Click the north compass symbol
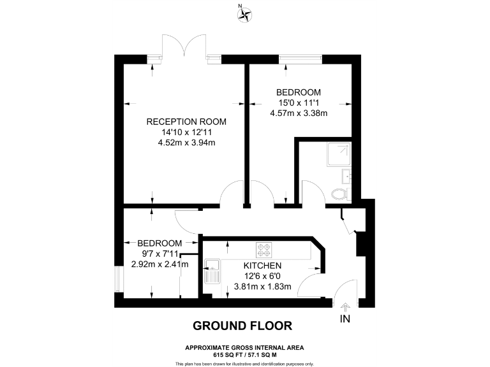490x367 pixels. pyautogui.click(x=244, y=14)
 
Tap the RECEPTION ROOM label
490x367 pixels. pyautogui.click(x=186, y=121)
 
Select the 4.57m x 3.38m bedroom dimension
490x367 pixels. pyautogui.click(x=299, y=114)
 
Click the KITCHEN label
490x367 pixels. pyautogui.click(x=262, y=265)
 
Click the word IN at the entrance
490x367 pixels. pyautogui.click(x=346, y=319)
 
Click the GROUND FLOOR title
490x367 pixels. pyautogui.click(x=242, y=326)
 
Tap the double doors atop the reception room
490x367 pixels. pyautogui.click(x=184, y=48)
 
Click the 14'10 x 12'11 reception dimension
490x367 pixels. pyautogui.click(x=186, y=132)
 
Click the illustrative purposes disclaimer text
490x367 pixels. pyautogui.click(x=244, y=363)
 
